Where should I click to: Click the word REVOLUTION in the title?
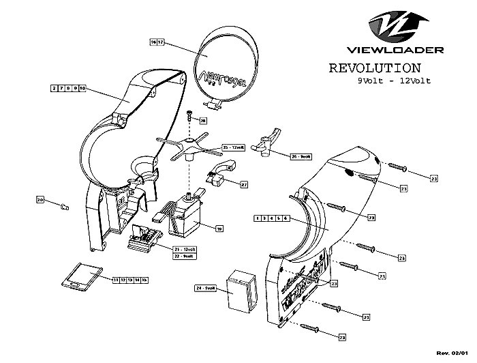[x=374, y=68]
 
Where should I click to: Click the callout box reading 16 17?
[x=157, y=42]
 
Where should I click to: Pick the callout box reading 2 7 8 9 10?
[x=68, y=89]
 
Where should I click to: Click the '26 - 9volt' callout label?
[x=301, y=156]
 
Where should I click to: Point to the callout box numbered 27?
[x=243, y=184]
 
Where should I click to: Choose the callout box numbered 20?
[x=40, y=200]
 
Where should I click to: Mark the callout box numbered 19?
[x=219, y=229]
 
